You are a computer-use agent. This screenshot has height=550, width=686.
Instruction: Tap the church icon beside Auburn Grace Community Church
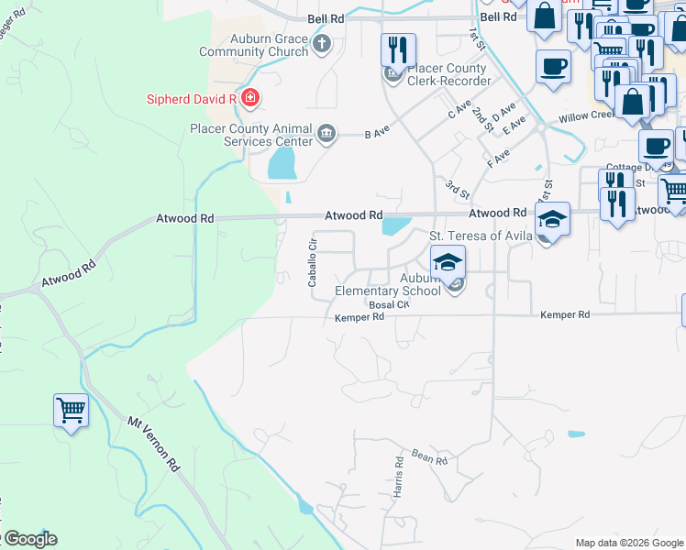(x=321, y=43)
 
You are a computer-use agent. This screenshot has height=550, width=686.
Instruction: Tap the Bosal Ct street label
(x=388, y=304)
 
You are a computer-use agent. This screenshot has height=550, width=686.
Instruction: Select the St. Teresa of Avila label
(x=482, y=236)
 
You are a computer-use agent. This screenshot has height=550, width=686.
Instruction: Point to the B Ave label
(x=372, y=134)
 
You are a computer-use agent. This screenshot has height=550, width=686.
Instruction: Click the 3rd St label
(x=458, y=190)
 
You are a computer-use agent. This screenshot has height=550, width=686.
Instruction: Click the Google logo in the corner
(x=29, y=539)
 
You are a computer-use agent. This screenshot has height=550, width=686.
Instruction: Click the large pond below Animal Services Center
(x=282, y=165)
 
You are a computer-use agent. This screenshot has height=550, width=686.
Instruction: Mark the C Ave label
(x=459, y=109)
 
